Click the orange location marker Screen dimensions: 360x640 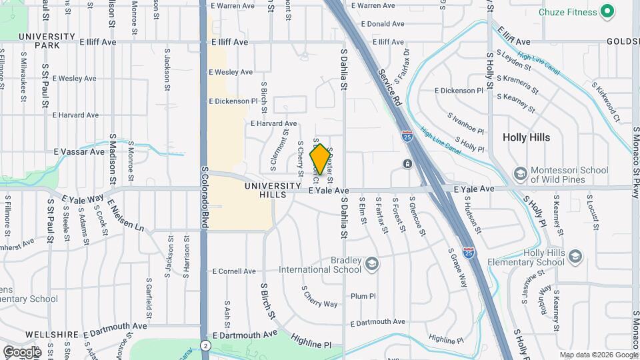click(321, 159)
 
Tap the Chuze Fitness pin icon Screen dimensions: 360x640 click(607, 11)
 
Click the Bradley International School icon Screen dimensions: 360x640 click(371, 265)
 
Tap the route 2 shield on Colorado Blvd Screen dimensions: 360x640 click(206, 345)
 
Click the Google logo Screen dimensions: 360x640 click(21, 351)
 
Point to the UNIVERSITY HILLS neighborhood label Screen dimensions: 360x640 click(273, 190)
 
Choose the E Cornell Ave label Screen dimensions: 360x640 click(233, 271)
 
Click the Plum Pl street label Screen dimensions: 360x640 click(363, 296)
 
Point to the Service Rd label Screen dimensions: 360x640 click(391, 87)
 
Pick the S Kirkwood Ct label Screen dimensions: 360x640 click(606, 103)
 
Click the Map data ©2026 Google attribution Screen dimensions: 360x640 click(598, 355)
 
